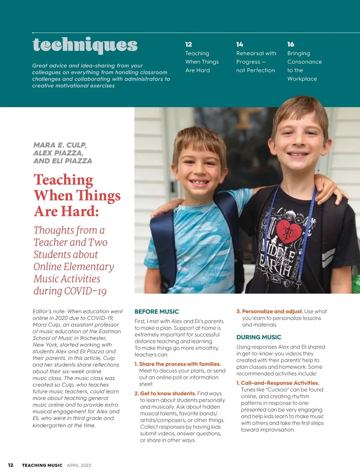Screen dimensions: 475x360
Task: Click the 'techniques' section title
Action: pyautogui.click(x=85, y=45)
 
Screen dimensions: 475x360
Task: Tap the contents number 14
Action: pyautogui.click(x=239, y=44)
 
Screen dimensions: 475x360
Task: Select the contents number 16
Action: pyautogui.click(x=290, y=44)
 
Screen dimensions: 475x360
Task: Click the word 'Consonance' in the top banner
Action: pyautogui.click(x=304, y=62)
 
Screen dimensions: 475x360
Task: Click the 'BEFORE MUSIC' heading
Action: pyautogui.click(x=157, y=312)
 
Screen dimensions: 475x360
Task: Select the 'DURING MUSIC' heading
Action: pyautogui.click(x=259, y=337)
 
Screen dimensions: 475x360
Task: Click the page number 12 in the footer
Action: pyautogui.click(x=11, y=465)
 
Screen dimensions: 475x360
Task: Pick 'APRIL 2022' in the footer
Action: pyautogui.click(x=79, y=465)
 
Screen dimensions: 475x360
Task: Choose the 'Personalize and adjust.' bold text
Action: pyautogui.click(x=272, y=311)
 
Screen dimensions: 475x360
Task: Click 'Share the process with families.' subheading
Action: pyautogui.click(x=180, y=364)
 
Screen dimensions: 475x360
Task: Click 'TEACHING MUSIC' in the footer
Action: pyautogui.click(x=42, y=465)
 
